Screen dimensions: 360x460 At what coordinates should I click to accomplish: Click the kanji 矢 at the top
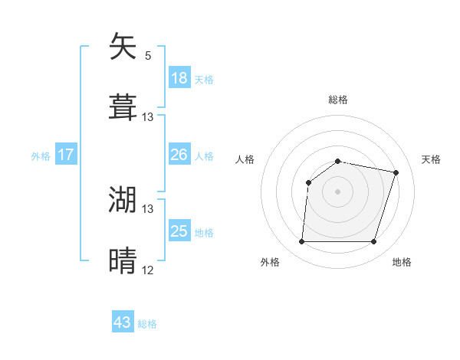[123, 47]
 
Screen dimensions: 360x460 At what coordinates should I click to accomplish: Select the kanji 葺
[123, 107]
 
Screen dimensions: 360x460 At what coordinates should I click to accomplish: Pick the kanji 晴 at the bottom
[123, 260]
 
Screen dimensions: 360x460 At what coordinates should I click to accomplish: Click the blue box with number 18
[179, 78]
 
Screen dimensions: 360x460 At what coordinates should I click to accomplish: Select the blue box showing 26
[179, 155]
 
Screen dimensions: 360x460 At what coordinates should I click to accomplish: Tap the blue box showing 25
[179, 231]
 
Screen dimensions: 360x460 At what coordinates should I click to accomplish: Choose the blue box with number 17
[66, 155]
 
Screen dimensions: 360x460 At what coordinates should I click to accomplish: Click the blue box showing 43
[123, 322]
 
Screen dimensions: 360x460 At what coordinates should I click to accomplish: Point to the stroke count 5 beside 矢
[148, 56]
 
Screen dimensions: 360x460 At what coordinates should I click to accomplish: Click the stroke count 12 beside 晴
[148, 270]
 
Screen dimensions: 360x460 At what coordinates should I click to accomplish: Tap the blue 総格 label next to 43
[147, 324]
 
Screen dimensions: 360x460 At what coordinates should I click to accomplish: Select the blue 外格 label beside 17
[41, 156]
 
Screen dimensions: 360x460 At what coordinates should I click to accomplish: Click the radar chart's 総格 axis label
[338, 100]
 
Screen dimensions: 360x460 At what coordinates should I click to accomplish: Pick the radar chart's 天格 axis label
[431, 159]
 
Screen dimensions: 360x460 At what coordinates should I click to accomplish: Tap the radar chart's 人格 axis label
[245, 159]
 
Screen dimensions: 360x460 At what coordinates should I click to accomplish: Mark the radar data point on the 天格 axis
[396, 172]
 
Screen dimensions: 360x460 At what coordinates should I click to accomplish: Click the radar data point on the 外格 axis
[301, 242]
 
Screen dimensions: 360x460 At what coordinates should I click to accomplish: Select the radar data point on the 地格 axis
[374, 242]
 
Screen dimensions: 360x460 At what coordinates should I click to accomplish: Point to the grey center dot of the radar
[338, 191]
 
